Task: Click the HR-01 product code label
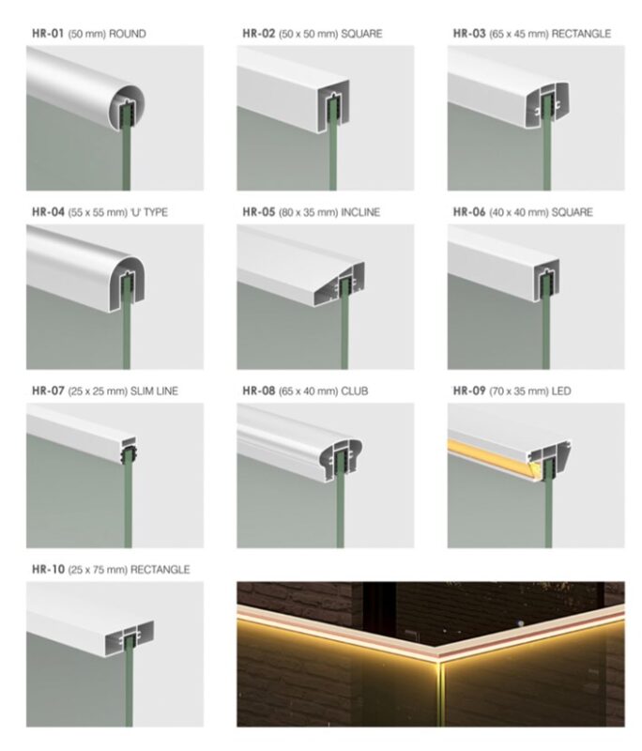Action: (x=48, y=34)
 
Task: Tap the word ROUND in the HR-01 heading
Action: (x=128, y=34)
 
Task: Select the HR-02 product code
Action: (x=258, y=34)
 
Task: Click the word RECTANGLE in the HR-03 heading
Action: (x=581, y=34)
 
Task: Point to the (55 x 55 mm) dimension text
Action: (x=98, y=213)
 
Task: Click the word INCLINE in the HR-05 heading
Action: (x=360, y=213)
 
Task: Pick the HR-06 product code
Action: (x=469, y=212)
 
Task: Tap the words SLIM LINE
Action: (x=154, y=391)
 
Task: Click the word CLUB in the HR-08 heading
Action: (x=354, y=391)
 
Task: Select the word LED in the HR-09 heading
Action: (x=561, y=391)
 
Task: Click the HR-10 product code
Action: (x=48, y=570)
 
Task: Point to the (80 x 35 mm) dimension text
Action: (x=308, y=213)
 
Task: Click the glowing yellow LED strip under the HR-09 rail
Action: (x=493, y=459)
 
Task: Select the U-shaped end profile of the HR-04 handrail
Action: (x=127, y=284)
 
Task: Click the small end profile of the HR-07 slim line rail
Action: (x=128, y=451)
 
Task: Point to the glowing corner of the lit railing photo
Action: (x=438, y=662)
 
